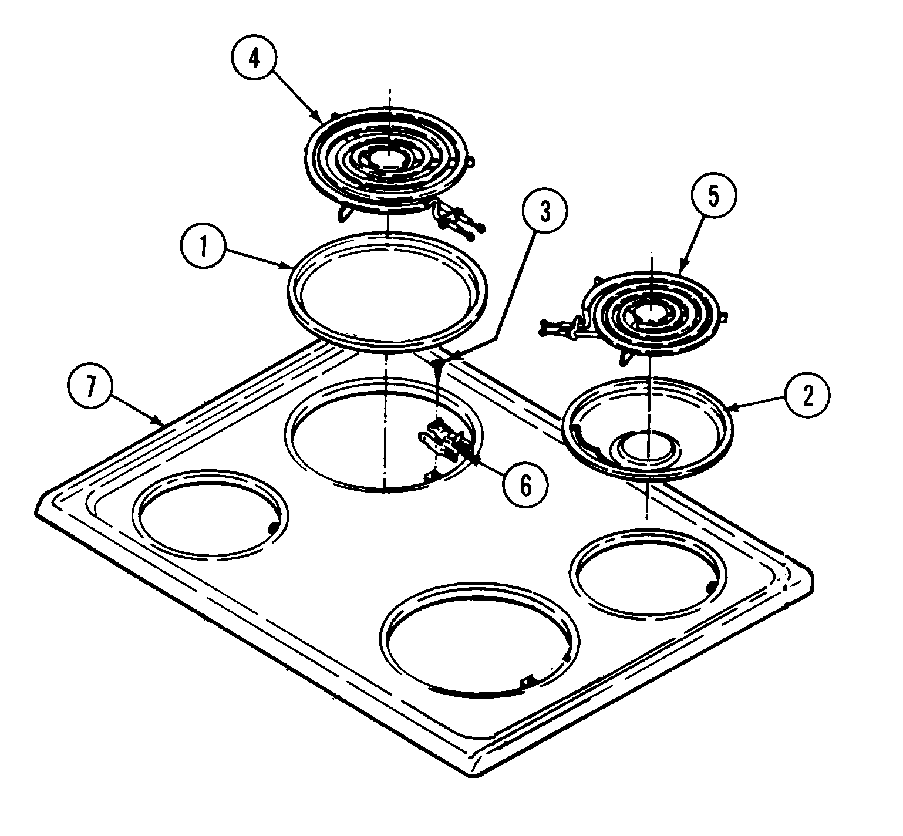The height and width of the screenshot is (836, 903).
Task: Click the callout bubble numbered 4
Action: [x=254, y=61]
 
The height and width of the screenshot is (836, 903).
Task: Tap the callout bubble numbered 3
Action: [x=545, y=213]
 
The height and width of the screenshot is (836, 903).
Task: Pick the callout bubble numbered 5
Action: [x=712, y=198]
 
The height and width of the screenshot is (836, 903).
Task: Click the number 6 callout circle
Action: [x=525, y=484]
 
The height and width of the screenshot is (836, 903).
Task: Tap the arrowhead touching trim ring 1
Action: [x=291, y=268]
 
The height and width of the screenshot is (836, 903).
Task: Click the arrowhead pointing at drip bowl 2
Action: [x=730, y=406]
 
